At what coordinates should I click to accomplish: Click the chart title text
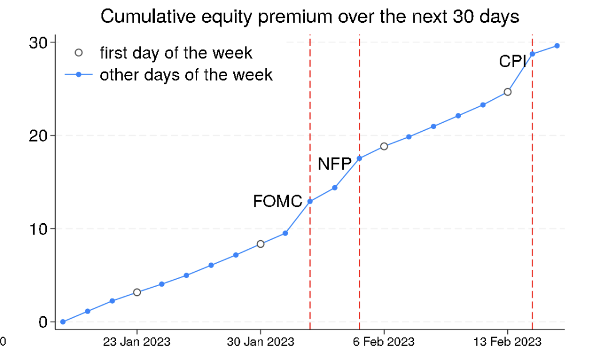click(x=310, y=17)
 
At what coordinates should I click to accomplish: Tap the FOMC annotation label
click(x=277, y=201)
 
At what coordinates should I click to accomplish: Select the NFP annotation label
click(x=334, y=164)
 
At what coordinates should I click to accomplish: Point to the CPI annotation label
click(x=512, y=61)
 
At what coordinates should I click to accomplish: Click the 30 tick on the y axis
click(x=38, y=42)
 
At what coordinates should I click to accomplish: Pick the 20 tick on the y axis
click(x=38, y=135)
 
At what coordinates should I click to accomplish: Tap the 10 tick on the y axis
click(x=38, y=229)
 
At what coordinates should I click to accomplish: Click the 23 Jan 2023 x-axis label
click(x=136, y=342)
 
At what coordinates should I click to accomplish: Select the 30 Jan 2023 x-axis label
click(x=260, y=342)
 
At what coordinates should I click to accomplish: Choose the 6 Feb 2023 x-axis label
click(x=383, y=342)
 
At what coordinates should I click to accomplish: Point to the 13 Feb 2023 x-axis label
click(x=507, y=342)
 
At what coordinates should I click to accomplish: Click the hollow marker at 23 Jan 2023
click(x=137, y=292)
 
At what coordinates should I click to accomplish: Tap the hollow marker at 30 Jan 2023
click(x=260, y=244)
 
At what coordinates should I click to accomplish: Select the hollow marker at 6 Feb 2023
click(x=384, y=146)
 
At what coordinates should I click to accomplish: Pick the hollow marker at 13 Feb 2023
click(x=507, y=92)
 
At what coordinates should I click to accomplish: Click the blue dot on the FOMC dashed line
click(x=310, y=201)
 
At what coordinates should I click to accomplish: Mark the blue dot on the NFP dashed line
click(x=359, y=159)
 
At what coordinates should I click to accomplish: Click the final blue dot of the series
click(x=557, y=46)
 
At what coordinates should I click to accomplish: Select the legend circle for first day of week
click(x=79, y=53)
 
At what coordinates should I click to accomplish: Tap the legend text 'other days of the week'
click(x=186, y=75)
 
